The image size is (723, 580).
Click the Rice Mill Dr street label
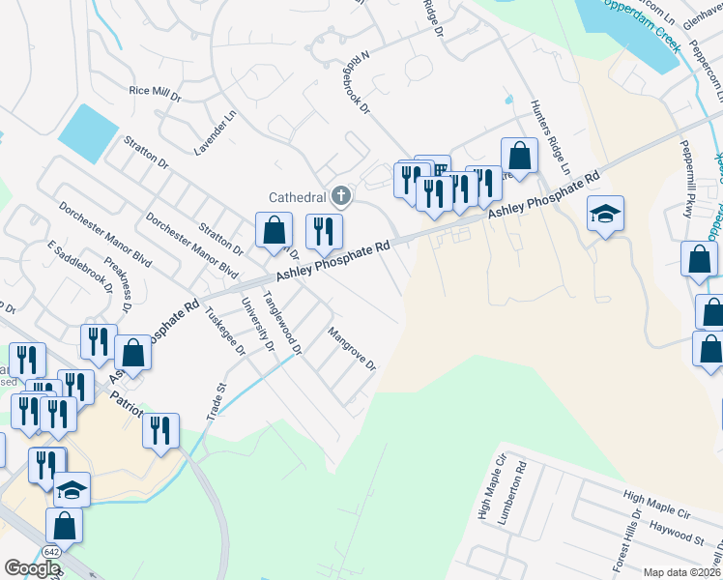[x=155, y=94]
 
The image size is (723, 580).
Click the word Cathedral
[x=297, y=197]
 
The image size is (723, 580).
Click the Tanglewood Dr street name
[x=283, y=321]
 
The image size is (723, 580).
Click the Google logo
[x=32, y=568]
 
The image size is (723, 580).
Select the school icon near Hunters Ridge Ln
[x=605, y=214]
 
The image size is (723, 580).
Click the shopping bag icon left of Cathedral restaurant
[x=275, y=229]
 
